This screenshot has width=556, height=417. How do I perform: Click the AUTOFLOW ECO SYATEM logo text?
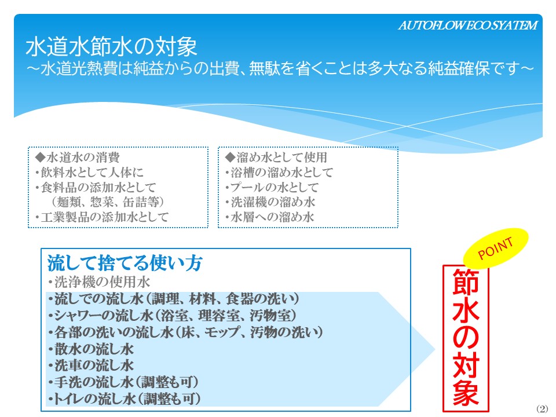tap(468, 25)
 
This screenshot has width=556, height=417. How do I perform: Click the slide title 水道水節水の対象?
tap(111, 47)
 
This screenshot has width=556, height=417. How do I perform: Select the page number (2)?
tap(542, 408)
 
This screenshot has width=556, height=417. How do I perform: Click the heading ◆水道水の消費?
tap(77, 157)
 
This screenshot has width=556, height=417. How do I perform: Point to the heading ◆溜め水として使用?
tap(276, 157)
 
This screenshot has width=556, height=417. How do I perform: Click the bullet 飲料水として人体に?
tap(89, 173)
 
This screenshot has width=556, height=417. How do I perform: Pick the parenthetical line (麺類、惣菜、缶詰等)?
tap(108, 202)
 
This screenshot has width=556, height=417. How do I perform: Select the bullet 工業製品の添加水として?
tap(102, 217)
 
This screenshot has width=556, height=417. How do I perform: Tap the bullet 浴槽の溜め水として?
tap(279, 173)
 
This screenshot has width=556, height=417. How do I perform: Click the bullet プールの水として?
tap(272, 187)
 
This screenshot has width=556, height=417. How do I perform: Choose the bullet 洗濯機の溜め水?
tap(270, 202)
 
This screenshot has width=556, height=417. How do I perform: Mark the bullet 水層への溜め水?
tap(270, 217)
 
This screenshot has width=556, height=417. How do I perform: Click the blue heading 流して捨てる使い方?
tap(125, 263)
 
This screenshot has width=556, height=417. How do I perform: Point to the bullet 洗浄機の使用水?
tap(99, 282)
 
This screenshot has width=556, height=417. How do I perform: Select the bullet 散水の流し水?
tap(91, 349)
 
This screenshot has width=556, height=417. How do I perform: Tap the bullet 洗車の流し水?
tap(91, 365)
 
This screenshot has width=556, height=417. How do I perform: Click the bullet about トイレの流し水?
tap(125, 399)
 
